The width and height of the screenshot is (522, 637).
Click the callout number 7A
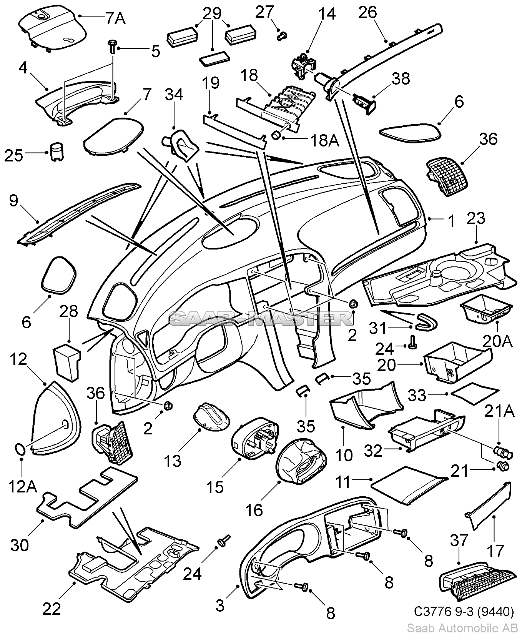(115, 18)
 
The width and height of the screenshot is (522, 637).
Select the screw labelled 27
(281, 36)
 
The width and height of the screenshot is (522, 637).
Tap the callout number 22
(52, 609)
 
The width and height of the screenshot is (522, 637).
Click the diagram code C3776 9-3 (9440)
(464, 611)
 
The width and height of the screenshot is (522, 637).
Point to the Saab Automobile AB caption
(462, 628)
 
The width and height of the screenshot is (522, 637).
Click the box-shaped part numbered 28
(67, 361)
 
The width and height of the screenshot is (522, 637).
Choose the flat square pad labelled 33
(475, 394)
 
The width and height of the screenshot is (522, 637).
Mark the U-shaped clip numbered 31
(426, 320)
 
